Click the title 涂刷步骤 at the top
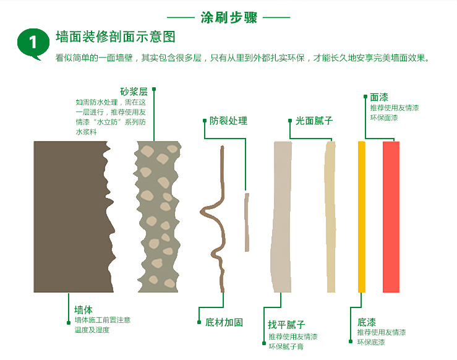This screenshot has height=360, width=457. click(x=229, y=17)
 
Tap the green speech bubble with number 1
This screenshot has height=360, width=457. click(x=33, y=43)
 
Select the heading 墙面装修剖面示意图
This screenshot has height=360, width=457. click(x=116, y=37)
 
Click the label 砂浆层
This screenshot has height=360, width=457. click(x=134, y=92)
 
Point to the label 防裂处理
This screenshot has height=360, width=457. click(x=228, y=121)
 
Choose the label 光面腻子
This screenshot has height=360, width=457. click(x=314, y=121)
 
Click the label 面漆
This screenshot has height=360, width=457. click(x=379, y=97)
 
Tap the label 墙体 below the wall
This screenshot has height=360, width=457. click(x=83, y=309)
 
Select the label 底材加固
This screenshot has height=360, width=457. click(x=224, y=322)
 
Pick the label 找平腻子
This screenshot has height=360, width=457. click(x=286, y=325)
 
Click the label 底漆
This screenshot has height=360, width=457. click(x=367, y=322)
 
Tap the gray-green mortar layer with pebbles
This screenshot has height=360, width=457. click(x=158, y=216)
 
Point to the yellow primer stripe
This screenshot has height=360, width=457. click(x=361, y=216)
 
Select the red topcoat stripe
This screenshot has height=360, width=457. click(x=391, y=216)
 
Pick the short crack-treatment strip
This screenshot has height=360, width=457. click(x=247, y=222)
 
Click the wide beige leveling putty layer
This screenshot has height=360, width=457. click(x=282, y=216)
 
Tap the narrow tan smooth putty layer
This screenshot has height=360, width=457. click(x=330, y=216)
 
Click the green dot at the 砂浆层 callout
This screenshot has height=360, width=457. click(x=154, y=89)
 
